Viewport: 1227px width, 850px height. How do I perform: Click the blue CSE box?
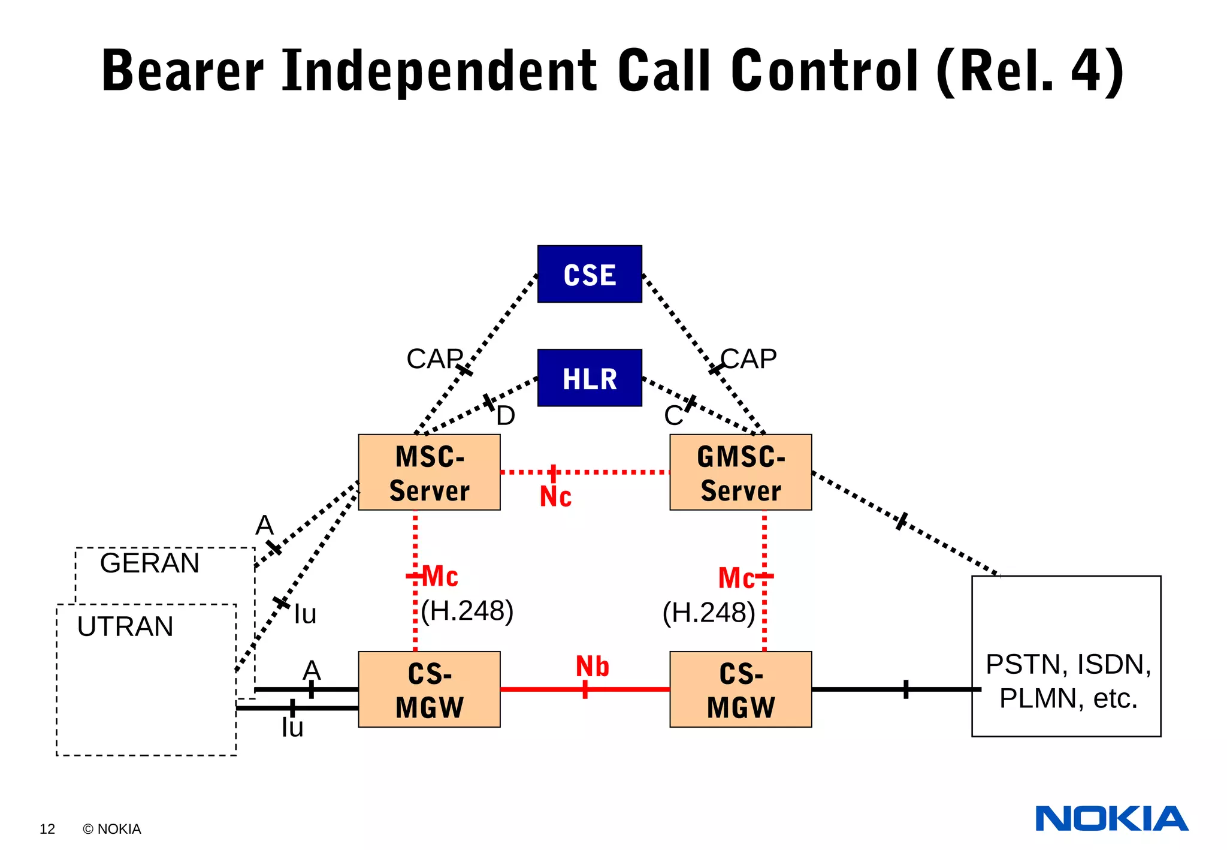tap(590, 274)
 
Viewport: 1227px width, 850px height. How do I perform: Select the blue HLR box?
tap(590, 378)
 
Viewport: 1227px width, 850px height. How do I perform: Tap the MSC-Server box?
tap(429, 472)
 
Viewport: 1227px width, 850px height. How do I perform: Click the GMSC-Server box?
tap(741, 472)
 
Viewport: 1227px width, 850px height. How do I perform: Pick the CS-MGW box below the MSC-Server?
tap(429, 689)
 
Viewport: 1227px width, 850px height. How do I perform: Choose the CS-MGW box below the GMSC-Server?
tap(741, 689)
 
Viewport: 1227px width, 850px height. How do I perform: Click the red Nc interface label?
tap(555, 497)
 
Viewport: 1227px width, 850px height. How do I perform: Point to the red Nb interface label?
tap(592, 667)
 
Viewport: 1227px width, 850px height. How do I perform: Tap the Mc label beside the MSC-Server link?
tap(440, 577)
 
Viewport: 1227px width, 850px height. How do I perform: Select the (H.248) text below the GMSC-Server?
tap(709, 613)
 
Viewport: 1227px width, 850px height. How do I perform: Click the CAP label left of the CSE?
tap(434, 359)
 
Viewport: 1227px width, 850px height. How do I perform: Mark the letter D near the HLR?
tap(506, 415)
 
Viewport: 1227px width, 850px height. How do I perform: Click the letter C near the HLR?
tap(673, 415)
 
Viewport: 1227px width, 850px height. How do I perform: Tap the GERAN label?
tap(149, 563)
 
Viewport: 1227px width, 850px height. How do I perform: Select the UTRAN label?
tap(125, 626)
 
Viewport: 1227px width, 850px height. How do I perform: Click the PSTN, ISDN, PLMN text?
tap(1068, 681)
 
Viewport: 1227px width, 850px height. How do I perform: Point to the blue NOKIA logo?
tap(1111, 819)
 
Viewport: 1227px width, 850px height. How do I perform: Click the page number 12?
tap(47, 829)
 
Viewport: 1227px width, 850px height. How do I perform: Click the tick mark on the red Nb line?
tap(585, 689)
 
